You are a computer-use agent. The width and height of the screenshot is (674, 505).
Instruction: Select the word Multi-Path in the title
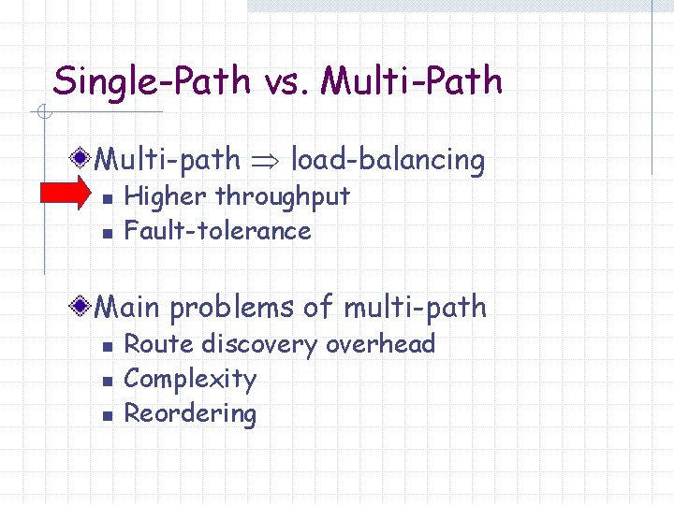pos(411,82)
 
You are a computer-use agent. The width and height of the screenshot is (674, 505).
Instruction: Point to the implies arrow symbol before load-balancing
pos(265,161)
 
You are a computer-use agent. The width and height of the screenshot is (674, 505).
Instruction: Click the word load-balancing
pos(388,161)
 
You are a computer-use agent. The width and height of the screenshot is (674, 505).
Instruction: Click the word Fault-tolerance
pos(217,230)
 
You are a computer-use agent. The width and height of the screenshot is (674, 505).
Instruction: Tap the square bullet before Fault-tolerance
pos(107,232)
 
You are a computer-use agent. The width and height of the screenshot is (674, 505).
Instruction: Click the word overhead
pos(381,344)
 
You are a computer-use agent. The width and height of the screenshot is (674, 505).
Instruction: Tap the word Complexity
pos(190,380)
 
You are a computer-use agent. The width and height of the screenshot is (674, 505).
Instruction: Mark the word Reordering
pos(190,414)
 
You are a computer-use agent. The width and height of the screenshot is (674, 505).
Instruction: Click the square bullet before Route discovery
pos(107,346)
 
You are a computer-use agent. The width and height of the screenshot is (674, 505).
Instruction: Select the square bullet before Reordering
pos(107,415)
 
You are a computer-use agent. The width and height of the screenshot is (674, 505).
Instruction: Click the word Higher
pos(166,197)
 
